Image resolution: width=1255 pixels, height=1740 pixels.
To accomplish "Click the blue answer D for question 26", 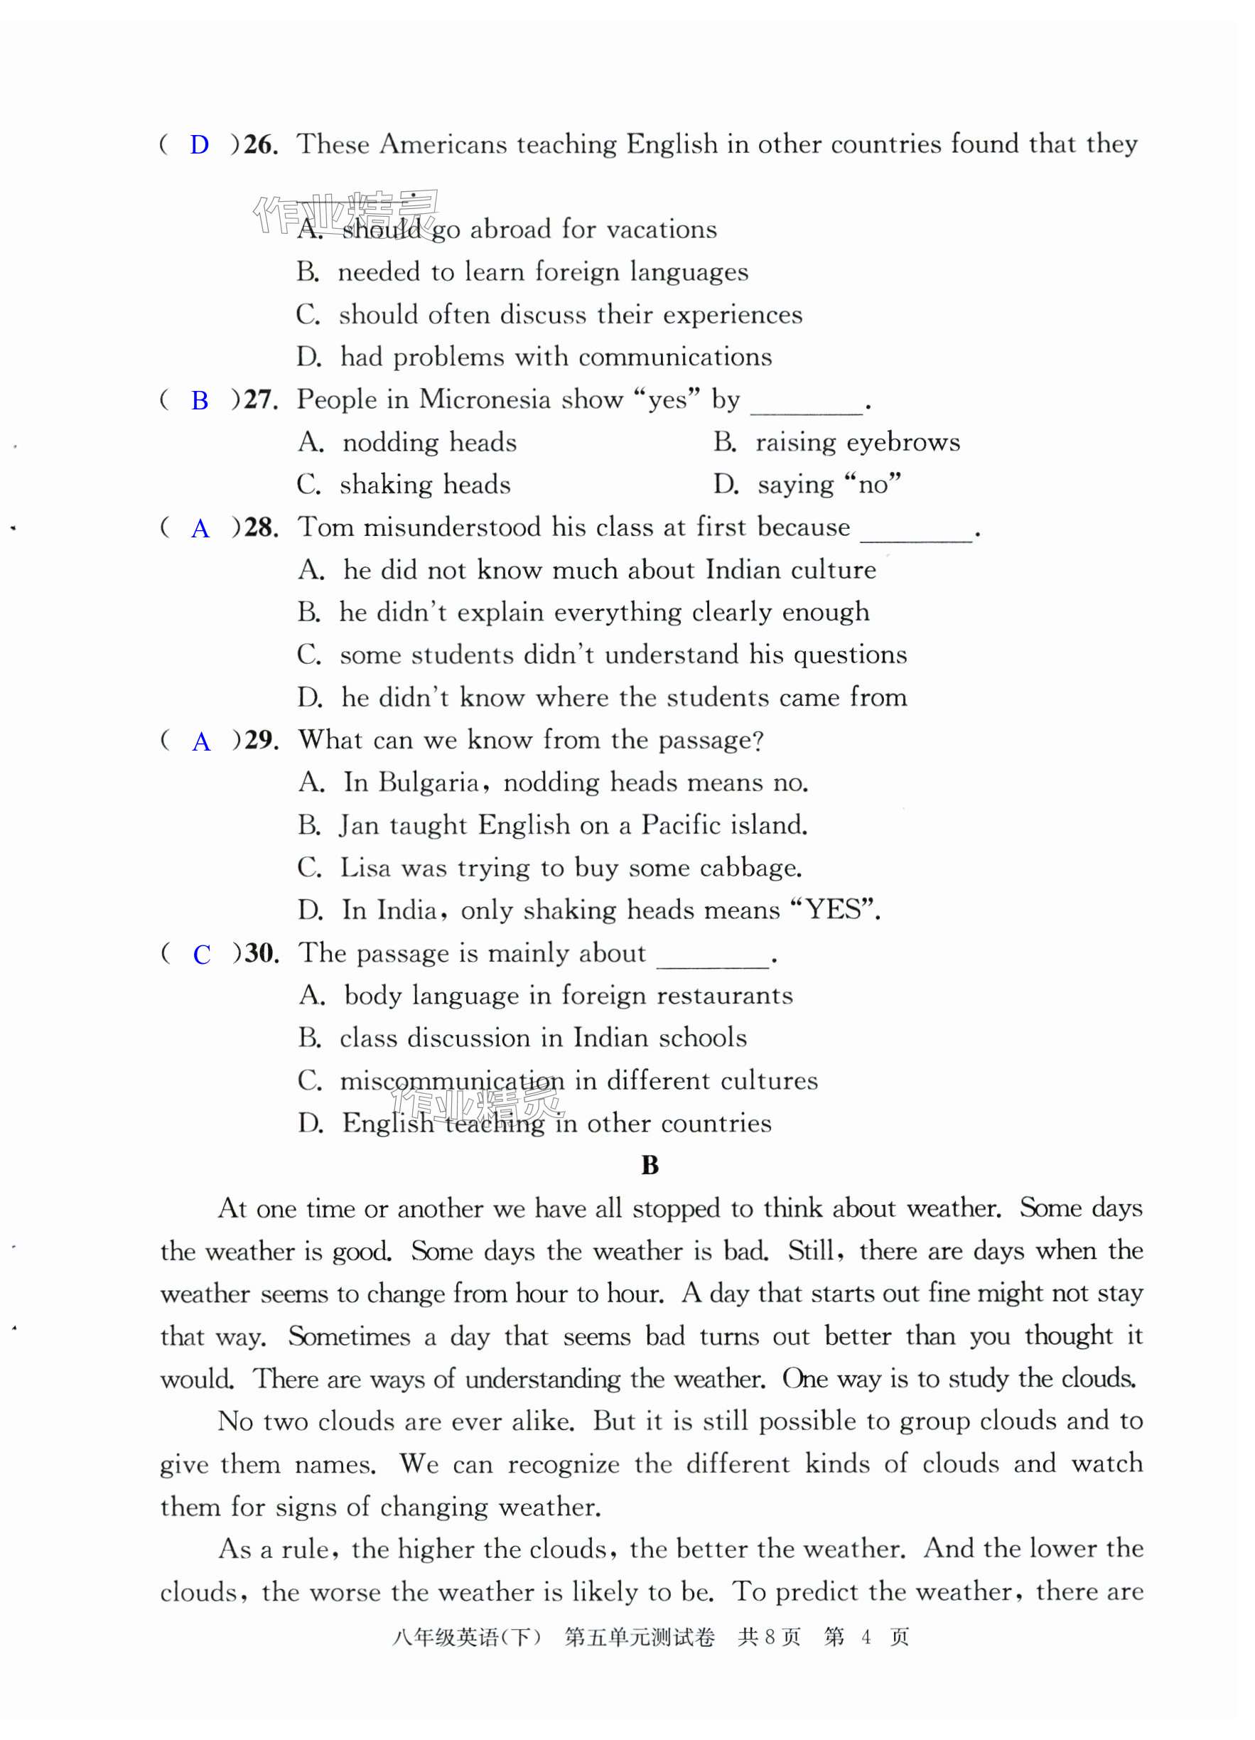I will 200,145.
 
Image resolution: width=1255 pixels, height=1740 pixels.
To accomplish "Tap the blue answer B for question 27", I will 200,400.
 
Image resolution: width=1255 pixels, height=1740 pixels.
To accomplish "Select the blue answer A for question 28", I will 200,529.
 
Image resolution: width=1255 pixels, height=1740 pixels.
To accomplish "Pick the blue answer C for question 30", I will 202,955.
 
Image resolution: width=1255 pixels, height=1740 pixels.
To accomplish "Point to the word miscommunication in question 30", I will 452,1081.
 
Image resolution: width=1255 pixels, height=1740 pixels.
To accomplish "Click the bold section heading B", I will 650,1166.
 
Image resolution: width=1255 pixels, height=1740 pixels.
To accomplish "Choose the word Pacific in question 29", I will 680,825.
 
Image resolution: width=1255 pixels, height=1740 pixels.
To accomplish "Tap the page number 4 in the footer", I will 866,1638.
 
